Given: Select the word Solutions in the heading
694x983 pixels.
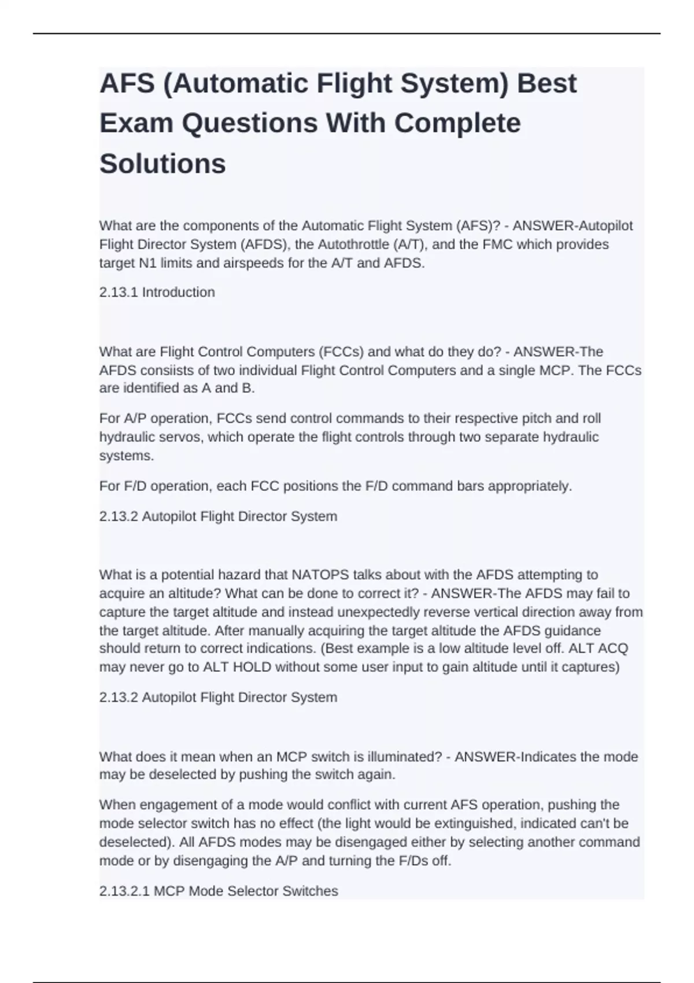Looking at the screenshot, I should point(163,164).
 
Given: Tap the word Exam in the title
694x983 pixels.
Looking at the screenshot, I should point(136,123).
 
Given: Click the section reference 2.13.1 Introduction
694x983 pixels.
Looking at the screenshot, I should point(157,292).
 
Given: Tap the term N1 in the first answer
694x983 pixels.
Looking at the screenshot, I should point(148,263).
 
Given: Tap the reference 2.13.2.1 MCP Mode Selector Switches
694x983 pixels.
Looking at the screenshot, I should point(219,891).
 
